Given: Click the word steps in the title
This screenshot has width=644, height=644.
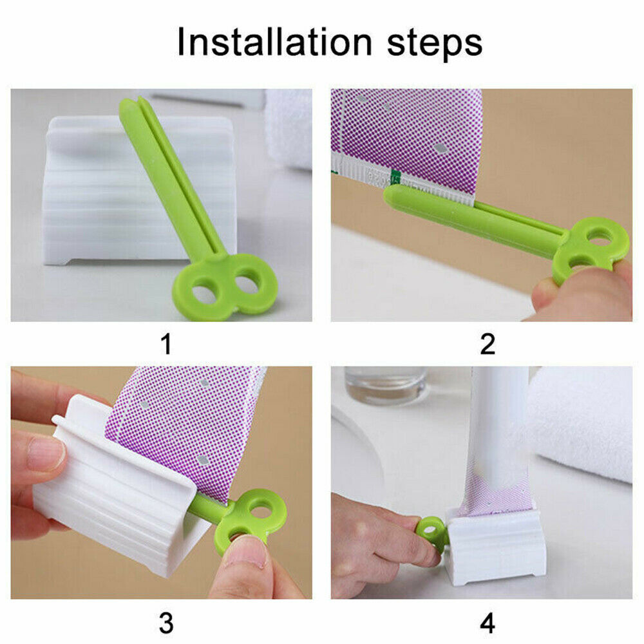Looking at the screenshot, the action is coord(435,45).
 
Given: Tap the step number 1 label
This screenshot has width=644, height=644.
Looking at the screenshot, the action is coord(166,344).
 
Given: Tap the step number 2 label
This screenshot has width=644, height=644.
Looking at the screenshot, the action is coord(488,344).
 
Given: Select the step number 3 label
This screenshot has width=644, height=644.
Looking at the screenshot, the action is coord(166,623).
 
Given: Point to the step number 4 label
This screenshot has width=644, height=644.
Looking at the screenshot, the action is coord(488,623).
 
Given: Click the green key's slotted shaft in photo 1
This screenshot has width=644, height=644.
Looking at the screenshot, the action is coord(173,176).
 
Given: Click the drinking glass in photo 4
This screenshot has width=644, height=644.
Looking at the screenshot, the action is coord(385,385).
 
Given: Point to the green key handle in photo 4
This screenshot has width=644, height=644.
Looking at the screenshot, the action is coord(432,533).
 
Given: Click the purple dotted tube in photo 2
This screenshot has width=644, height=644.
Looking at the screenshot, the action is coord(406,140).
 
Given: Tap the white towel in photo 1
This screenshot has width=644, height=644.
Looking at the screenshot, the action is coord(289,128).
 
